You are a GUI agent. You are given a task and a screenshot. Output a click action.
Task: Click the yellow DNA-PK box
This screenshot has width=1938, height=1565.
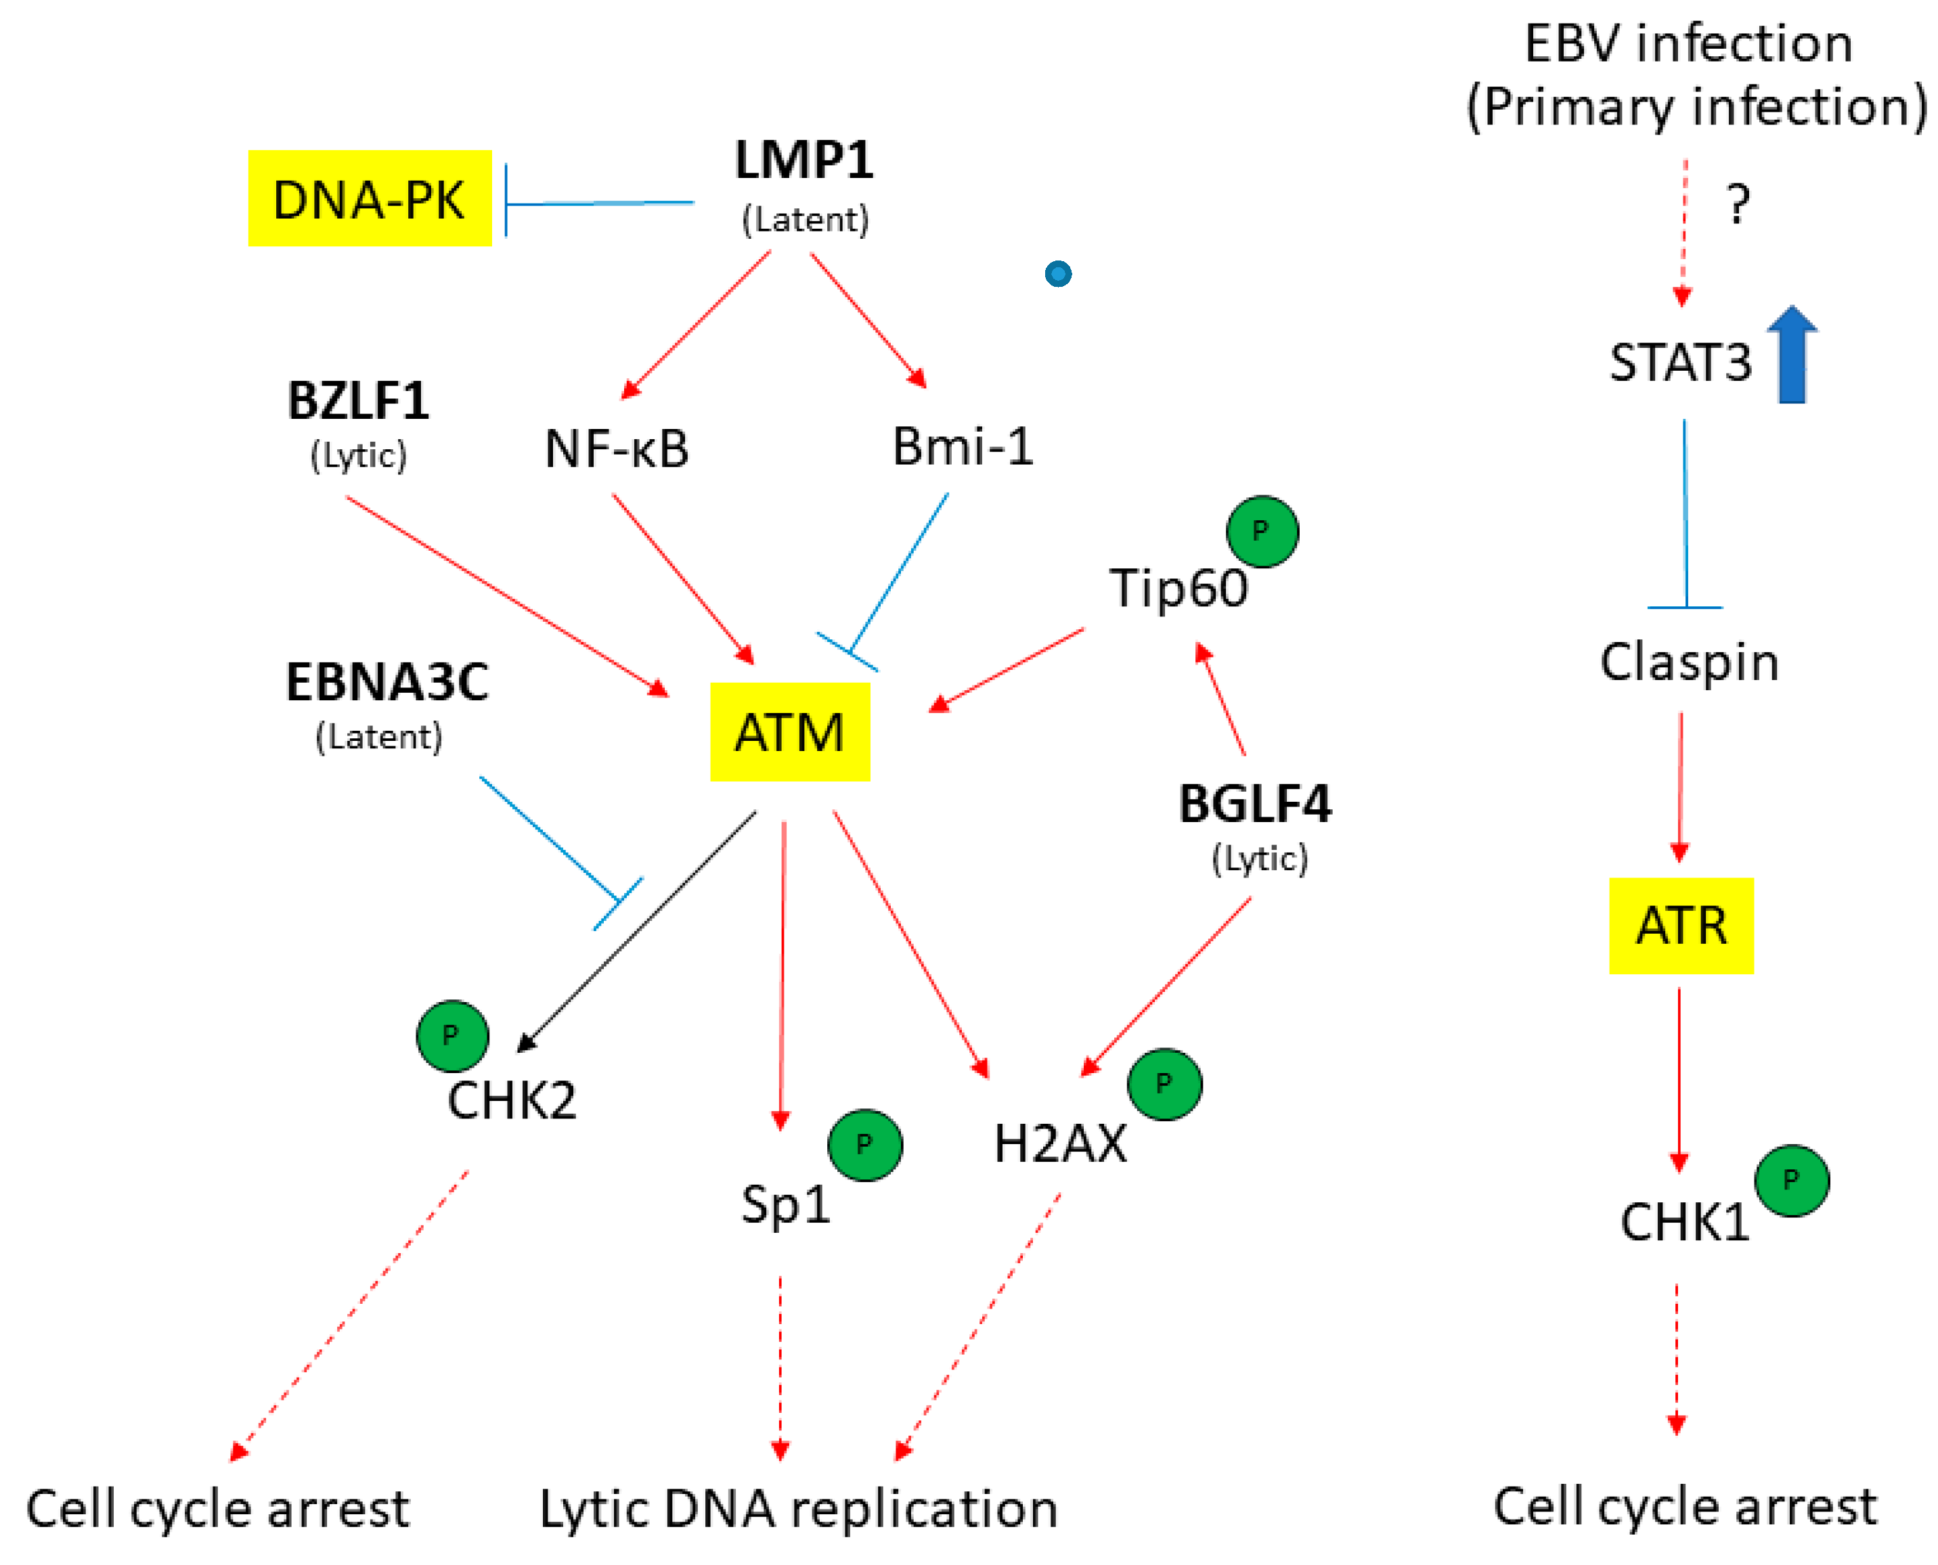370,198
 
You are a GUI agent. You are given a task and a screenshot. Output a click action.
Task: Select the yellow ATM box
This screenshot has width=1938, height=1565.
790,732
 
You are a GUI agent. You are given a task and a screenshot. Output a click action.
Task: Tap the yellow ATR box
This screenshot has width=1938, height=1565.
1681,926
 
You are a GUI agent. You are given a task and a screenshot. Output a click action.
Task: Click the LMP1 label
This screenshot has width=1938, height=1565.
804,160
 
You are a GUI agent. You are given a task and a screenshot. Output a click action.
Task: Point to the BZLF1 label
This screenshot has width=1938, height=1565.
358,401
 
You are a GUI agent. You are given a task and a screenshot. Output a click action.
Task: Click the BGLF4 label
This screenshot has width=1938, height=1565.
1254,804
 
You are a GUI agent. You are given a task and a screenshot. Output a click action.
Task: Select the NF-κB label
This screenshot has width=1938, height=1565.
617,448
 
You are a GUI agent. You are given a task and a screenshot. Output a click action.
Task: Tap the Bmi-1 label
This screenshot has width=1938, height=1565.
963,447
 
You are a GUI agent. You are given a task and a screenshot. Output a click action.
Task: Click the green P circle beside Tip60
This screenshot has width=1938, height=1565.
1262,532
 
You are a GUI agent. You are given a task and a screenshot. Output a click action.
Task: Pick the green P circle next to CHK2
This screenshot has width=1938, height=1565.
452,1036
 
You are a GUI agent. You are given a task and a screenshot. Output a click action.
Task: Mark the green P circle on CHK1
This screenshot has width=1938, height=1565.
1792,1181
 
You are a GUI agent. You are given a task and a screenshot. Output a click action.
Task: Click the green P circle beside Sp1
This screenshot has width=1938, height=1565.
865,1145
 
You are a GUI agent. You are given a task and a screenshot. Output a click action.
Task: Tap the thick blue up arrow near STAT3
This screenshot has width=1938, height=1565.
1792,355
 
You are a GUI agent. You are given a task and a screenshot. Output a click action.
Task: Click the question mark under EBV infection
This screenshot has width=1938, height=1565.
1738,204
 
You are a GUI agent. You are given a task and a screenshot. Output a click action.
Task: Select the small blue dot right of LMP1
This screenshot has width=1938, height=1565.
1058,273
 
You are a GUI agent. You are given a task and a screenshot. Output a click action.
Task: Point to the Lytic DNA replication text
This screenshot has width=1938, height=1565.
798,1509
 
